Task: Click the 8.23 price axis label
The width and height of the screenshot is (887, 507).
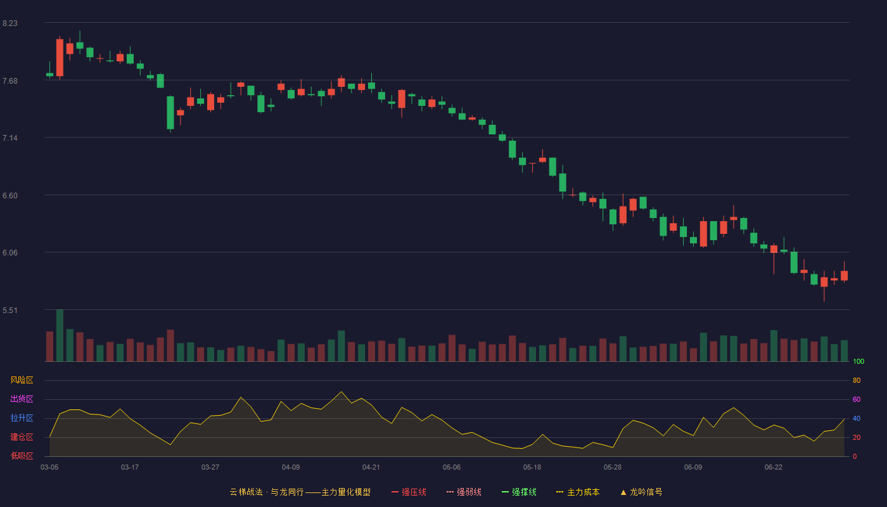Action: click(10, 23)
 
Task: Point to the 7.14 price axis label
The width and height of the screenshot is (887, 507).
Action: click(10, 138)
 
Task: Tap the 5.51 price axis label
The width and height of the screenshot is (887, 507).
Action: click(10, 311)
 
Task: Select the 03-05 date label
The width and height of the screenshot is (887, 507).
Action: click(49, 468)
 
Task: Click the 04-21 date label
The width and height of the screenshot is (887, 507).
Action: click(371, 468)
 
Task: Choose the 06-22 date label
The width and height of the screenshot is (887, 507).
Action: click(774, 468)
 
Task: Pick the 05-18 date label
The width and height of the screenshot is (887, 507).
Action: click(532, 468)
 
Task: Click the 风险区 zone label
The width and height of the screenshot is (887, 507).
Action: click(22, 380)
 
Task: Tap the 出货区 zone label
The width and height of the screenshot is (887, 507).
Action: click(22, 399)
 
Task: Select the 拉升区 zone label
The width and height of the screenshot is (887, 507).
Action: click(22, 418)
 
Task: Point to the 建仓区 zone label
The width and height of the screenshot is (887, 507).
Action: click(22, 437)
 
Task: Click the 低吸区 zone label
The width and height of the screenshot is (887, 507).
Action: click(22, 456)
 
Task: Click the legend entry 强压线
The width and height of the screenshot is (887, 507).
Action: click(409, 492)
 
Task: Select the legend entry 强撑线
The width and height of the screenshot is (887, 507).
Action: click(519, 492)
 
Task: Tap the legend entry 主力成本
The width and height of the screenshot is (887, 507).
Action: click(578, 492)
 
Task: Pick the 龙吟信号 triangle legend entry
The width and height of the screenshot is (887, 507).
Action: click(641, 492)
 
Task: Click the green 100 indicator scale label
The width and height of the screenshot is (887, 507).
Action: click(858, 361)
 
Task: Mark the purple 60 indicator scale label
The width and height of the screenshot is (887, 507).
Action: click(857, 399)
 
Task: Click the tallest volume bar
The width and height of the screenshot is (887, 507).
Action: click(60, 335)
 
